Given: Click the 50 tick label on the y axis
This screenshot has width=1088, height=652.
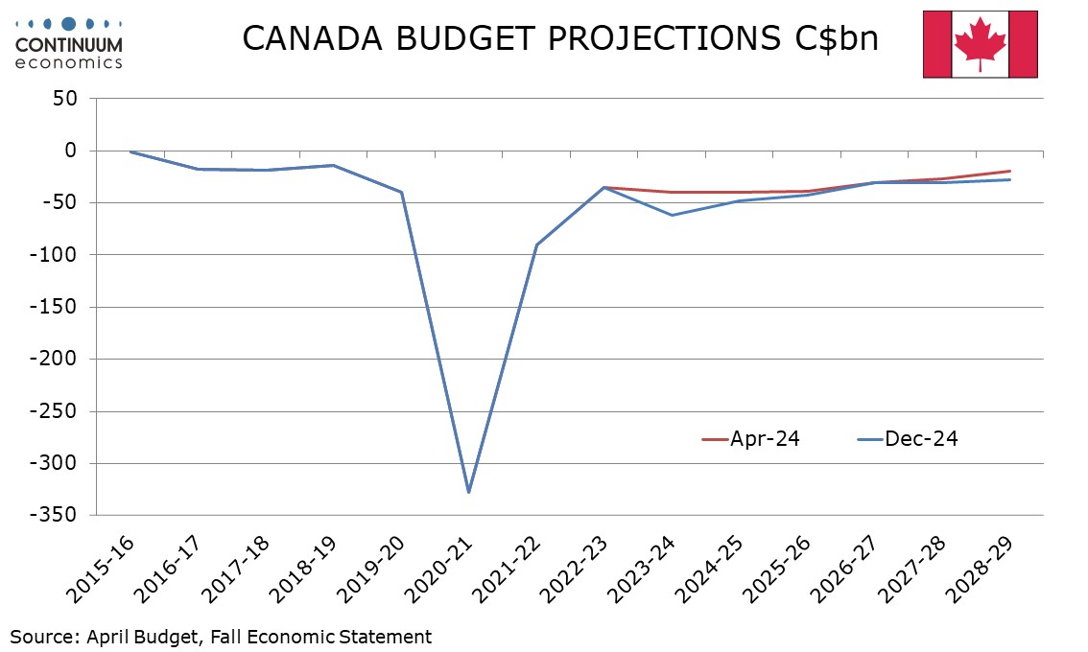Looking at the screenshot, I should [66, 99].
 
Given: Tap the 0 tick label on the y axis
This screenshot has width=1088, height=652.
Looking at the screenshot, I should [71, 151].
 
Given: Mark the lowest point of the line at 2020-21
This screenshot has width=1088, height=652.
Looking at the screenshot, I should [468, 492].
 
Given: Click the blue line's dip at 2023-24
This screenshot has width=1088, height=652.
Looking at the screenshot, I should [672, 215].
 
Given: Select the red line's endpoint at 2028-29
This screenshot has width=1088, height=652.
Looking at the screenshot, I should [1010, 171].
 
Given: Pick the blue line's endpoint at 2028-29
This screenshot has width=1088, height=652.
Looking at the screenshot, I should [1010, 179].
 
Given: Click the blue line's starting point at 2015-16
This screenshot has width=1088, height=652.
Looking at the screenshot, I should [130, 151].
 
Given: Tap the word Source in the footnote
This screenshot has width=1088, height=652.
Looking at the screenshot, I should [43, 636].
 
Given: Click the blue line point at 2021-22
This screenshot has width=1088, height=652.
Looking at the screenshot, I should [536, 244].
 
